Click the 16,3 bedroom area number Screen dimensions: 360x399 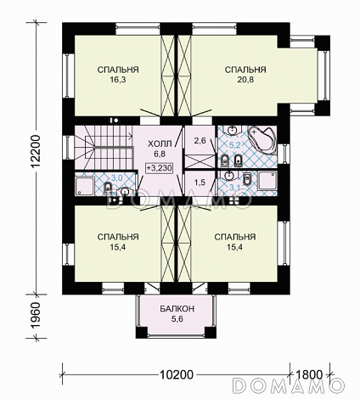click(118, 80)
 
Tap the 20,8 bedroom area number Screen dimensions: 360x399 click(245, 80)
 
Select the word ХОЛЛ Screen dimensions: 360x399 click(160, 144)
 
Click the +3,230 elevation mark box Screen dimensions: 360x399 click(160, 168)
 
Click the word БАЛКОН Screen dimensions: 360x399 click(177, 308)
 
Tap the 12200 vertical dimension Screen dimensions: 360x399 click(36, 151)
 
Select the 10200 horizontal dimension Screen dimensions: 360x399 click(177, 374)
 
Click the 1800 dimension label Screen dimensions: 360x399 click(309, 374)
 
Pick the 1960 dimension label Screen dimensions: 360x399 click(37, 316)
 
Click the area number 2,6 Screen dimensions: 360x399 click(200, 141)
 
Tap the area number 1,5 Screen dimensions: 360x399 click(200, 183)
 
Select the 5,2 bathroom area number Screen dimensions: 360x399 click(234, 145)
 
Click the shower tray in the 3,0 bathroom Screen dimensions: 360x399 click(84, 186)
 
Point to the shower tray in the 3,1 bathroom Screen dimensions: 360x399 click(267, 180)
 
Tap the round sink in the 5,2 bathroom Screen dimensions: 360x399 click(233, 131)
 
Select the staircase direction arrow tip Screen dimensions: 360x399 click(132, 136)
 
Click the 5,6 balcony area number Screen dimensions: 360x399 click(177, 319)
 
